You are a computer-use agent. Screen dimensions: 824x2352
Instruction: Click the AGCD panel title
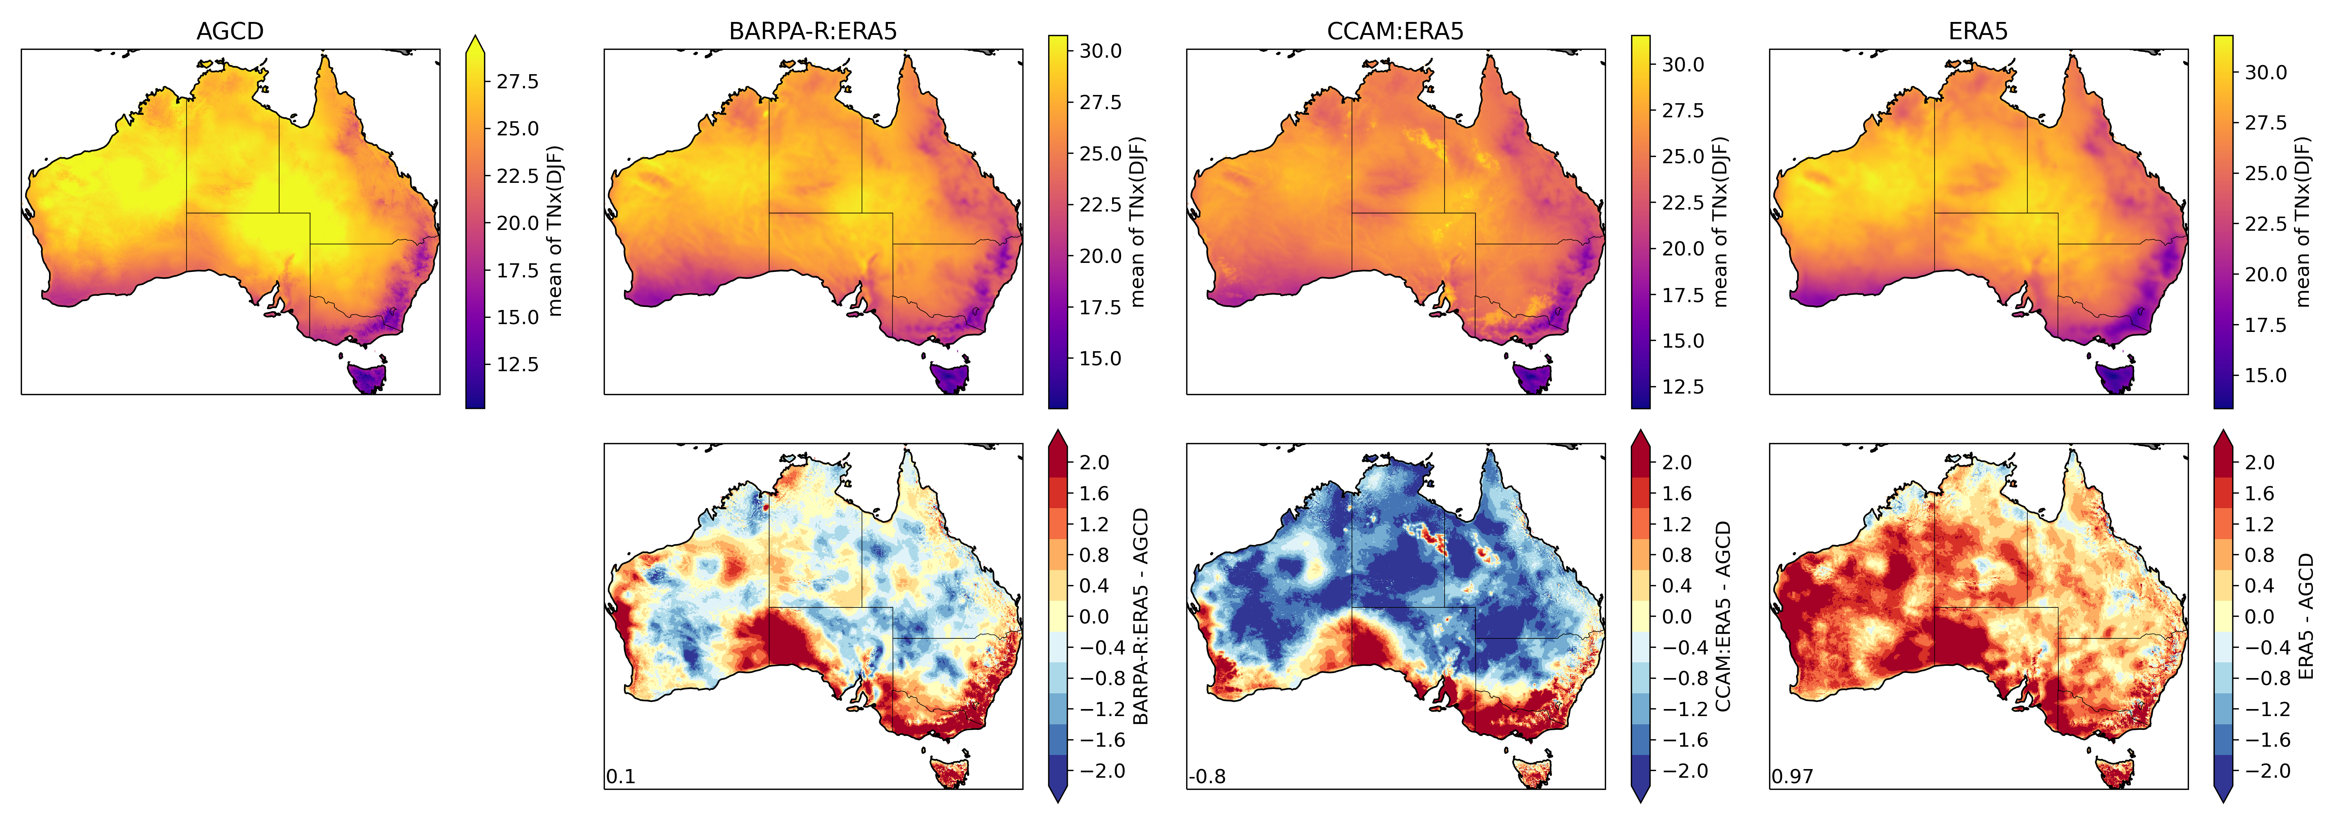point(230,31)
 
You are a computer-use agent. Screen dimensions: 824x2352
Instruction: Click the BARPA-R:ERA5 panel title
point(813,31)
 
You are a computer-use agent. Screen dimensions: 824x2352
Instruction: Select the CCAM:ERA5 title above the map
point(1395,31)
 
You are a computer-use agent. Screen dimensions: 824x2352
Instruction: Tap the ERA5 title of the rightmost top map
point(1978,31)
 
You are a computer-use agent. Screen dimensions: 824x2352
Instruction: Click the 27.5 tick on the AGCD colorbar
point(517,81)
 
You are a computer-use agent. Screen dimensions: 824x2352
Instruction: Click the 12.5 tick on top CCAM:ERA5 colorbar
point(1682,386)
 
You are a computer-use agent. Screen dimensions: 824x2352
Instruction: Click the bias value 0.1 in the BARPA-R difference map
point(621,777)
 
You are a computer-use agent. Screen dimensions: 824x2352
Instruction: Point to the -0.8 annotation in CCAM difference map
point(1207,777)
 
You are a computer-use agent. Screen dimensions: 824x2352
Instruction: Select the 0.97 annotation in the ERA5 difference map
point(1791,777)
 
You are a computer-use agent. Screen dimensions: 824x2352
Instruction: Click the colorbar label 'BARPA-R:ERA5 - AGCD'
point(1140,617)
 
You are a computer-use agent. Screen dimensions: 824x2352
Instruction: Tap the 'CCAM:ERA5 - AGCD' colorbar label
point(1723,617)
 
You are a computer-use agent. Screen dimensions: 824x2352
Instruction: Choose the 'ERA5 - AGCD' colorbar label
point(2305,617)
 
